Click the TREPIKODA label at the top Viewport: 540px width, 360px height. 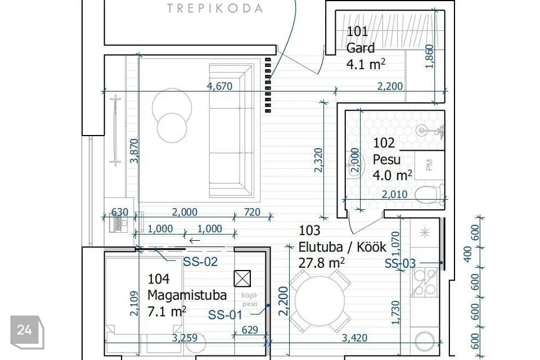click(x=215, y=8)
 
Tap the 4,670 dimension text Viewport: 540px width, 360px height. click(x=220, y=85)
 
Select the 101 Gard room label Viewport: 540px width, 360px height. click(x=361, y=39)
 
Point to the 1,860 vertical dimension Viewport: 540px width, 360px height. click(x=429, y=56)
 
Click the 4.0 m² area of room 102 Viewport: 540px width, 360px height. click(x=392, y=175)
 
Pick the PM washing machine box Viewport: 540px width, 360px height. click(x=429, y=165)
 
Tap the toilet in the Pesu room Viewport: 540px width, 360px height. click(x=429, y=194)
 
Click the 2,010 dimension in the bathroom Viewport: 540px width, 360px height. click(x=395, y=194)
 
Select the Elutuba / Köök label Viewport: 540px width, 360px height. click(x=343, y=247)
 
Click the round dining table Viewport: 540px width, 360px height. click(x=319, y=300)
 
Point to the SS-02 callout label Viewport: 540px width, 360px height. click(x=200, y=262)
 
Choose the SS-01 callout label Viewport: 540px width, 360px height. click(x=225, y=314)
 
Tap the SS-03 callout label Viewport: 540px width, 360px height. click(x=400, y=264)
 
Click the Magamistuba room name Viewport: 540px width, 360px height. click(x=187, y=295)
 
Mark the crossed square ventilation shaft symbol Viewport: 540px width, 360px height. click(x=242, y=278)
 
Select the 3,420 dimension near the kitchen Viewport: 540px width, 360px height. click(x=354, y=338)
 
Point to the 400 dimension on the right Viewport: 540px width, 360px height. click(x=467, y=254)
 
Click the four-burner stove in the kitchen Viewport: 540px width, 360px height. click(x=425, y=282)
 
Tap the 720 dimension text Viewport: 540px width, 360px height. click(x=252, y=212)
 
